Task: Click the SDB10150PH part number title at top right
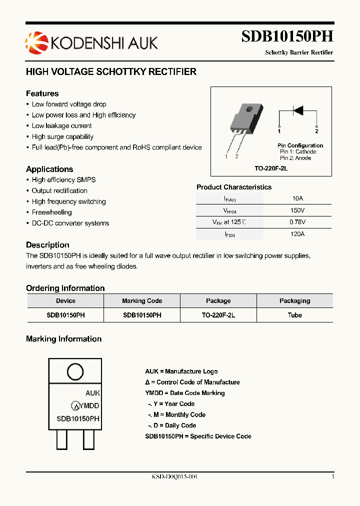point(287,37)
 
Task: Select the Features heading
point(42,93)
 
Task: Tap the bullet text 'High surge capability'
point(62,136)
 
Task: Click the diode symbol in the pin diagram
point(298,110)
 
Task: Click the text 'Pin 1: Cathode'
point(298,151)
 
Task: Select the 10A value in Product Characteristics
point(297,198)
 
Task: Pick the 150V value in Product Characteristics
point(297,210)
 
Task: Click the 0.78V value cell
point(297,222)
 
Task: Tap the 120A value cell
point(297,234)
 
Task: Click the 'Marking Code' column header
point(142,301)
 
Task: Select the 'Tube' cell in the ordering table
point(294,315)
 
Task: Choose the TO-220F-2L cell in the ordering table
point(218,315)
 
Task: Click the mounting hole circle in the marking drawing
point(75,372)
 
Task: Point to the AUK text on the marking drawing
point(92,393)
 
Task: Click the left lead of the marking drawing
point(62,440)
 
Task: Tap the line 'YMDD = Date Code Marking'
point(184,393)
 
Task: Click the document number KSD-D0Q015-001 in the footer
point(174,477)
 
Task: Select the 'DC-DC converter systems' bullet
point(70,223)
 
